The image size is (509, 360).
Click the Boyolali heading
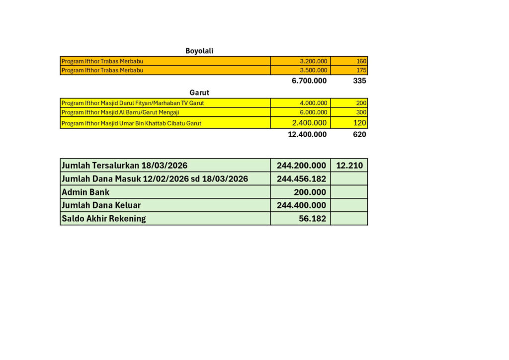click(199, 51)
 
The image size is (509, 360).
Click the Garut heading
click(199, 92)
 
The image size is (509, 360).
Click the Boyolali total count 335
click(359, 81)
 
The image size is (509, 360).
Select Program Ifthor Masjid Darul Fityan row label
click(133, 103)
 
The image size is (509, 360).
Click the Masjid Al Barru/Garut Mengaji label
click(120, 112)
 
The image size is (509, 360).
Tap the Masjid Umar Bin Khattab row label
click(131, 123)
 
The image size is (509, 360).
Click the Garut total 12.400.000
click(307, 134)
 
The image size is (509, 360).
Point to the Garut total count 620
click(359, 134)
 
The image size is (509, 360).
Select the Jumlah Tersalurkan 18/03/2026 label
click(124, 166)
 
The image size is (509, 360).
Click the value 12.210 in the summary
click(349, 166)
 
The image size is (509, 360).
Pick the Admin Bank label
click(85, 192)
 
